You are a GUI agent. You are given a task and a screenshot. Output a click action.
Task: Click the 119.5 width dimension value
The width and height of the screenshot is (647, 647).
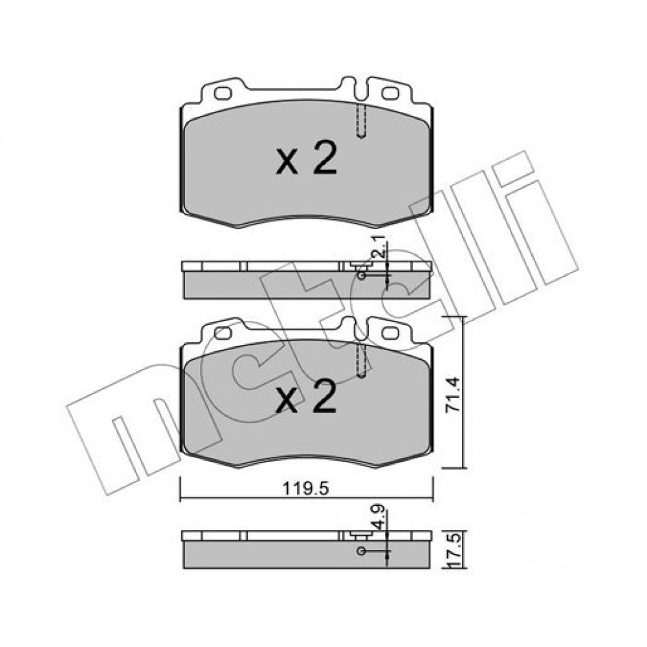click(x=306, y=489)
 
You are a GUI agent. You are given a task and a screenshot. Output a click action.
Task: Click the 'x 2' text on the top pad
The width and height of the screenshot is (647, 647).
click(x=307, y=159)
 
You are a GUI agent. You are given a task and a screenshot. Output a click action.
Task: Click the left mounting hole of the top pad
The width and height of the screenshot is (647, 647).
click(x=223, y=94)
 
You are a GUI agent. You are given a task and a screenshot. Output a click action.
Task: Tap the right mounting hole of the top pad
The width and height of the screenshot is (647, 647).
click(x=390, y=94)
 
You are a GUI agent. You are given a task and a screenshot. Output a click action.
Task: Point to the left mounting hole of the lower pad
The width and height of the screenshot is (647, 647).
click(x=223, y=333)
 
